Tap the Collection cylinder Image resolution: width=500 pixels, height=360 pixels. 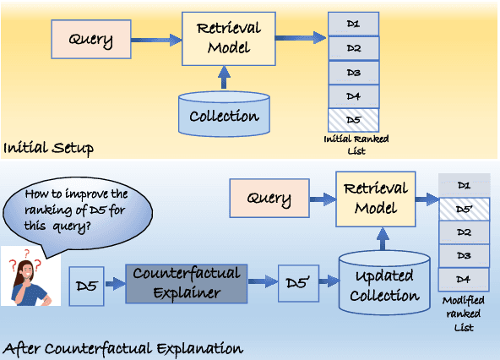[x=224, y=114]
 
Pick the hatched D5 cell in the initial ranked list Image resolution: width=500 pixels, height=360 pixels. [x=352, y=119]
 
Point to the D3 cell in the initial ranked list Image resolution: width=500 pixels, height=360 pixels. [x=352, y=71]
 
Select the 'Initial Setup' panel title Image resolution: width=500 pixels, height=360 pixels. [x=48, y=149]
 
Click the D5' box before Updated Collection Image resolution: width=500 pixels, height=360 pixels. [x=299, y=283]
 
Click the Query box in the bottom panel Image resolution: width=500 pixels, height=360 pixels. [x=269, y=200]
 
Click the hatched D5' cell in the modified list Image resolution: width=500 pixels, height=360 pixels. [x=464, y=208]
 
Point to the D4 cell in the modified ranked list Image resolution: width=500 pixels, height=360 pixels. [x=464, y=278]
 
